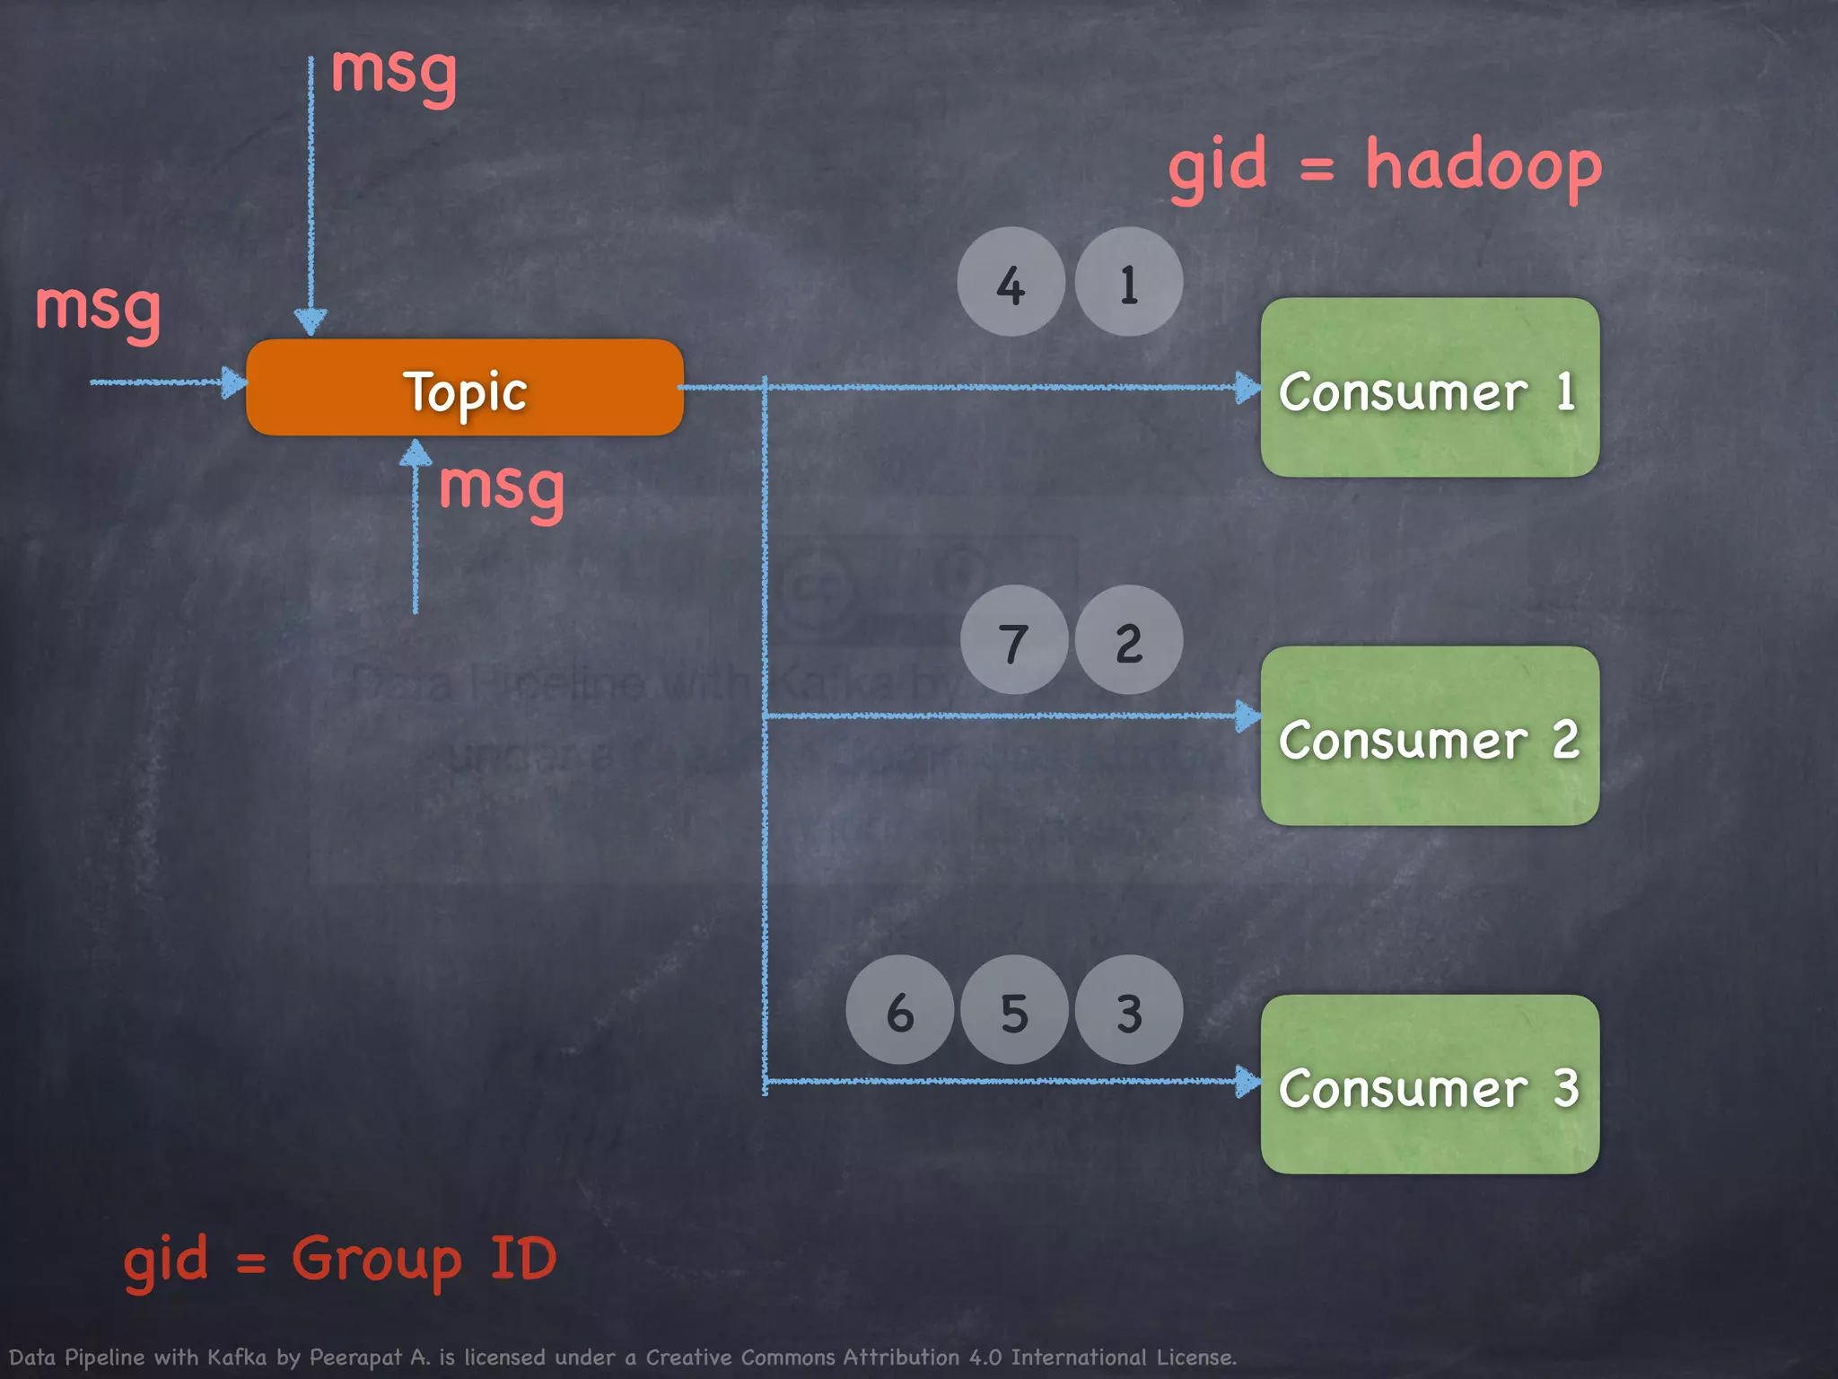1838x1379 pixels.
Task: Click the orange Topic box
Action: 465,388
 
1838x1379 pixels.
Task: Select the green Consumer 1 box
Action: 1430,388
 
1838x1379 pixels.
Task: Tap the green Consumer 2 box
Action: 1430,736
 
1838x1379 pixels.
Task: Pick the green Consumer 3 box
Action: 1430,1085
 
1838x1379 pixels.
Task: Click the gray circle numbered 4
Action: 1011,282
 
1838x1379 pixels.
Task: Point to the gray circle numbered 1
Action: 1129,282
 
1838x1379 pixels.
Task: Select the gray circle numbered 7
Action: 1014,640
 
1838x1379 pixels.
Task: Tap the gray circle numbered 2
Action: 1129,640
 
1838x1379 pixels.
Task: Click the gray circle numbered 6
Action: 899,1010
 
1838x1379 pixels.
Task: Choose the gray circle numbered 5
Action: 1014,1010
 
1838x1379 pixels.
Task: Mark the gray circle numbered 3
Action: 1129,1010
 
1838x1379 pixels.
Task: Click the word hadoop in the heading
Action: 1483,167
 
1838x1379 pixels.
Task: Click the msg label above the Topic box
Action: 394,72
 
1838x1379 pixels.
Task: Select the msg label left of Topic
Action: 98,308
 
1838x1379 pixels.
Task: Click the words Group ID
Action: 424,1259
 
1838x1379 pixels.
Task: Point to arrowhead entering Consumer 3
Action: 1247,1081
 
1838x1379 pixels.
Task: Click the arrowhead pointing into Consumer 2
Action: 1247,716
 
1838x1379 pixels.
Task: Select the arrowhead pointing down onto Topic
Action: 311,321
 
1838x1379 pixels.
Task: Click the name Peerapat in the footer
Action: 355,1357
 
